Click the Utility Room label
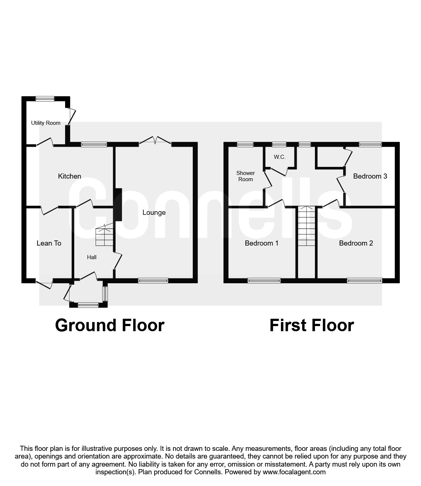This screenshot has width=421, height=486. pyautogui.click(x=46, y=123)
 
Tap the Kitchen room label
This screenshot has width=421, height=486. pyautogui.click(x=69, y=176)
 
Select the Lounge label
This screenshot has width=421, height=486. pyautogui.click(x=154, y=213)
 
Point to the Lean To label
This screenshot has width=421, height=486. pyautogui.click(x=49, y=243)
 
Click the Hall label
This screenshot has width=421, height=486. pyautogui.click(x=92, y=257)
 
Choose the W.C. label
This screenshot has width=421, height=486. pyautogui.click(x=279, y=157)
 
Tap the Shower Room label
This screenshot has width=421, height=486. pyautogui.click(x=245, y=176)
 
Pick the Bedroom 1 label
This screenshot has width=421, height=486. pyautogui.click(x=262, y=243)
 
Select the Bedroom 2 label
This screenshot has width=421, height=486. pyautogui.click(x=356, y=243)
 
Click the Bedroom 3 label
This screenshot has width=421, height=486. pyautogui.click(x=370, y=176)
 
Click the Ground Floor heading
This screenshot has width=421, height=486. pyautogui.click(x=110, y=325)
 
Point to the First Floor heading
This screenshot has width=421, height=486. pyautogui.click(x=312, y=325)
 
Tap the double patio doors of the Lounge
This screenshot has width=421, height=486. pyautogui.click(x=155, y=141)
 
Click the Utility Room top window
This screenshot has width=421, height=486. pyautogui.click(x=45, y=98)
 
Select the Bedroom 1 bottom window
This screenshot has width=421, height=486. pyautogui.click(x=264, y=281)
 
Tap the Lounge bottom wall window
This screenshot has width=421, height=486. pyautogui.click(x=153, y=281)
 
